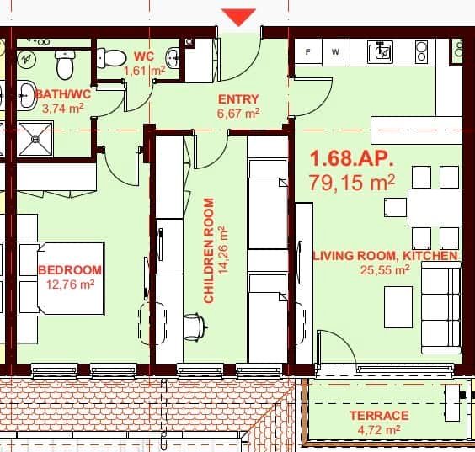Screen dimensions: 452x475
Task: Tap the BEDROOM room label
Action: click(70, 270)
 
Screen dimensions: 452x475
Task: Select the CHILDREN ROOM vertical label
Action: click(209, 251)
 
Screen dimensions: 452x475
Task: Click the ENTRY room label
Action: click(238, 98)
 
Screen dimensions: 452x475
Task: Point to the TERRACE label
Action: click(379, 416)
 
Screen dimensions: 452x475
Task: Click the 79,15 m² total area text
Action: click(353, 183)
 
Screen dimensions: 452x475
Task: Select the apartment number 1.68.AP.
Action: click(351, 158)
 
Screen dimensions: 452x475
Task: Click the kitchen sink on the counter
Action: click(381, 53)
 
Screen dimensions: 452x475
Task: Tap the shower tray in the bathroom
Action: click(35, 139)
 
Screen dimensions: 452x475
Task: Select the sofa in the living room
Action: click(441, 306)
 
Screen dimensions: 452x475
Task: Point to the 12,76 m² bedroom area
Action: click(70, 284)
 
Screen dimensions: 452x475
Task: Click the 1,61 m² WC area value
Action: click(143, 71)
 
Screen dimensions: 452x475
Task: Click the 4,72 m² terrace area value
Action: click(379, 430)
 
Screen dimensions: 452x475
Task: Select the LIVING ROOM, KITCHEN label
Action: click(385, 255)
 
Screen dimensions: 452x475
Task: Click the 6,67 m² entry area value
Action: click(238, 112)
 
